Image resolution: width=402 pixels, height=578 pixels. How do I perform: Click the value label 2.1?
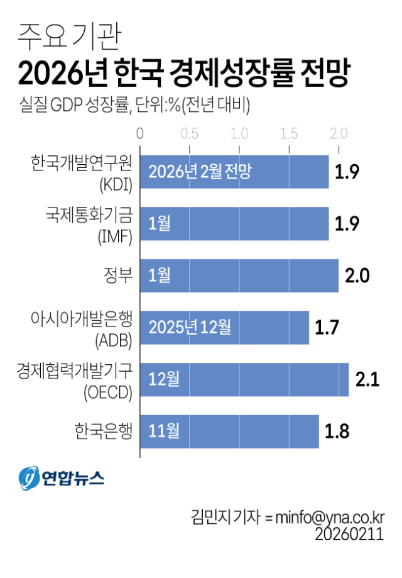367,379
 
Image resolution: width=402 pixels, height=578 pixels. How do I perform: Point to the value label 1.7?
328,327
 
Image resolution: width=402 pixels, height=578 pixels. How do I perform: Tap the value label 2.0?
357,275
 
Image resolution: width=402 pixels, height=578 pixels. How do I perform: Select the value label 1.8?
337,431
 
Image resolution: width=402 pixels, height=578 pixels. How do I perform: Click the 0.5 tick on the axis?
189,133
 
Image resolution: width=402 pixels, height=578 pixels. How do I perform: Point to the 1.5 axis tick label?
289,133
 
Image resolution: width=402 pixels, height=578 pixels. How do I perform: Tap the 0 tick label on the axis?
140,133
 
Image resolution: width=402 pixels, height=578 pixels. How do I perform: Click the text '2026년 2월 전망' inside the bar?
200,172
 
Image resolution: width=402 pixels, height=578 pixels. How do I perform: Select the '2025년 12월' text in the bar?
190,327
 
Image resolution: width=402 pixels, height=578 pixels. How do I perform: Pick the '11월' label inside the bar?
164,431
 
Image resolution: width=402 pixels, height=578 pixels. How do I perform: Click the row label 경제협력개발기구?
74,370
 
